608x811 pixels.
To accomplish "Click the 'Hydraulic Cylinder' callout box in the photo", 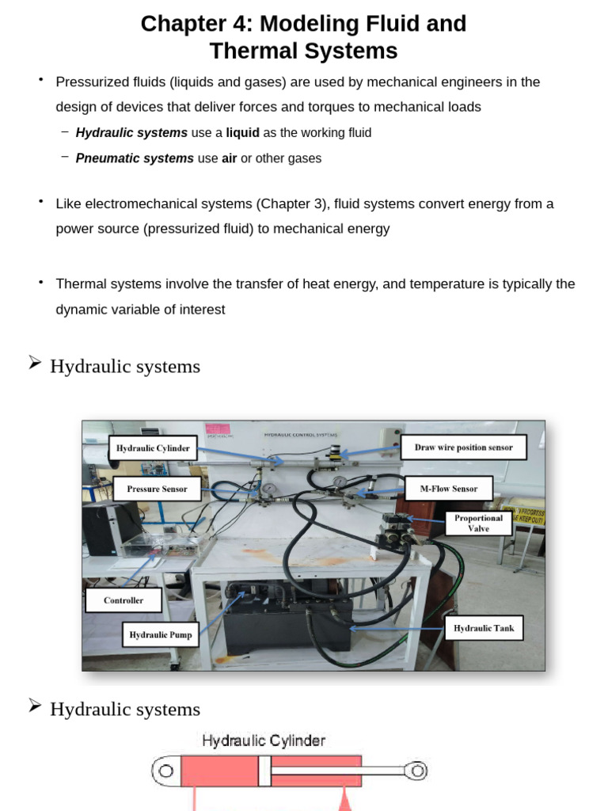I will (153, 448).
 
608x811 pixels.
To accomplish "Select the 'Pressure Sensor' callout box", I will (157, 489).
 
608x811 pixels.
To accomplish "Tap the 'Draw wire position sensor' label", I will (463, 447).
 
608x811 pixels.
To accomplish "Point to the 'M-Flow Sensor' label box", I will (448, 489).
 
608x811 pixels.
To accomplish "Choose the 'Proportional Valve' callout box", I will (478, 523).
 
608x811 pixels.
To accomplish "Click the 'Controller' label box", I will (123, 600).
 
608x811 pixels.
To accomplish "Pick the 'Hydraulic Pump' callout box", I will (160, 634).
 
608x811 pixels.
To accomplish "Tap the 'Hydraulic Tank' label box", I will (483, 628).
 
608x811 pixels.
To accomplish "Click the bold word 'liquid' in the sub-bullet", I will (242, 133).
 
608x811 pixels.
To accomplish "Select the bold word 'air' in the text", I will (229, 158).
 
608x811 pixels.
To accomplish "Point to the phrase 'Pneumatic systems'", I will (135, 158).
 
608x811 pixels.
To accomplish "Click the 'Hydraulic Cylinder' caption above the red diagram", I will (264, 741).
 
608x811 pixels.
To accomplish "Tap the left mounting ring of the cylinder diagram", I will (165, 771).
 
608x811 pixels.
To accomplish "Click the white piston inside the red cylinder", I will (264, 771).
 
